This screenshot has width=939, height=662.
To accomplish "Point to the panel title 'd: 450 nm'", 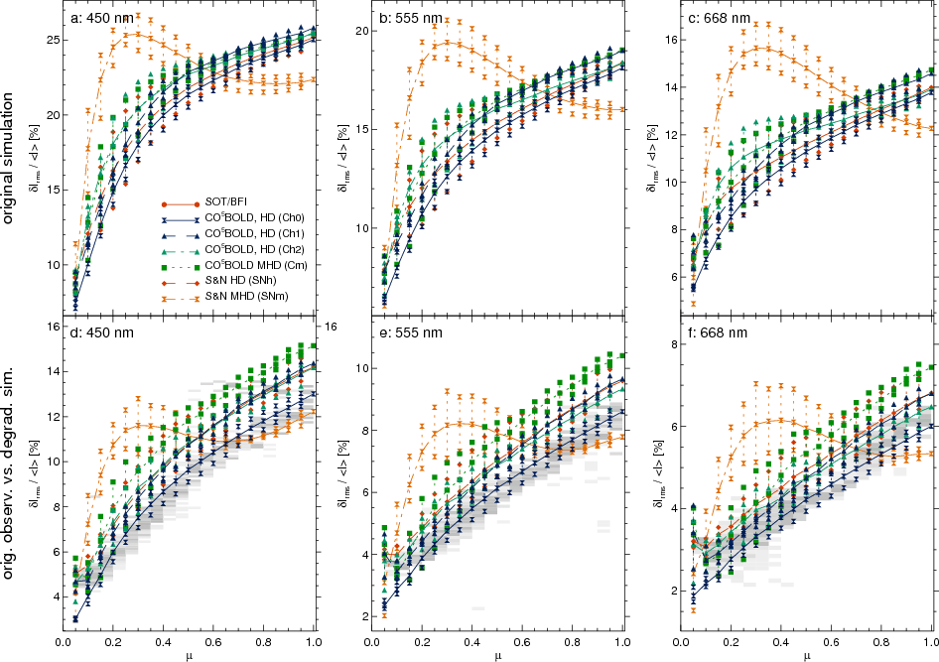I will (102, 333).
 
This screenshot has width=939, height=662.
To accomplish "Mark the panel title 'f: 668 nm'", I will (718, 333).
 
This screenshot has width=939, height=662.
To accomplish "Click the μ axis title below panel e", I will (498, 656).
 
